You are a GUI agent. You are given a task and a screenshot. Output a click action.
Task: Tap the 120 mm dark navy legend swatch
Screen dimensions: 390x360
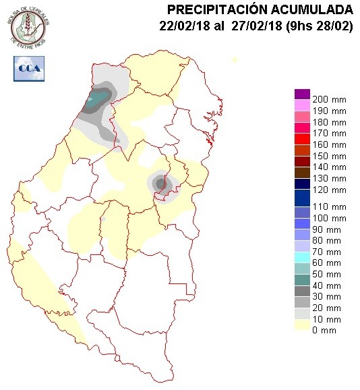(301, 185)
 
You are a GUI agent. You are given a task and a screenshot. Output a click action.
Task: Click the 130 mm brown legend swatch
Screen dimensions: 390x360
(301, 173)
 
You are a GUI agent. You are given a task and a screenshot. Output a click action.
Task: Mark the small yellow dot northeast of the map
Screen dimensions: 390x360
(235, 60)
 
